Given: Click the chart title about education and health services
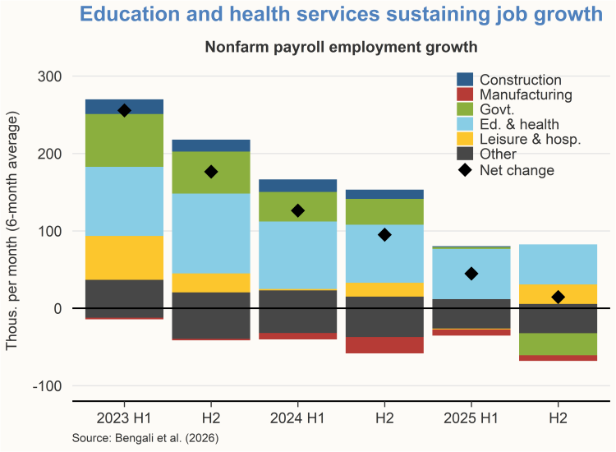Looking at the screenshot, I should pyautogui.click(x=341, y=15).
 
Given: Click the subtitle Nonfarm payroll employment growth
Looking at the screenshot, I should pyautogui.click(x=341, y=47).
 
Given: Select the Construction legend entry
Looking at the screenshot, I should pyautogui.click(x=520, y=80).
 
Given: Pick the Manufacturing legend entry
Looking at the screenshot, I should pyautogui.click(x=526, y=95).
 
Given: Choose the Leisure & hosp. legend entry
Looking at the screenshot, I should pyautogui.click(x=530, y=139).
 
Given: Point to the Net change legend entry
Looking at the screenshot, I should pyautogui.click(x=517, y=170).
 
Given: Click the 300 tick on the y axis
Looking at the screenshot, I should pyautogui.click(x=50, y=76).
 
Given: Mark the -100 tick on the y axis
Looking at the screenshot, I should pyautogui.click(x=47, y=385).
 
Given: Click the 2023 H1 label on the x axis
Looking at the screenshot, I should pyautogui.click(x=124, y=417).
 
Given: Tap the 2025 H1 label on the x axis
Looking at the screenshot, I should pyautogui.click(x=471, y=417).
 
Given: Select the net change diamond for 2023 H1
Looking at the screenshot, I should pyautogui.click(x=124, y=110).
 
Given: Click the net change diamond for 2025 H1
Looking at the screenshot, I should pyautogui.click(x=471, y=274).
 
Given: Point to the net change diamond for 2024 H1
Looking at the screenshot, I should pyautogui.click(x=297, y=210).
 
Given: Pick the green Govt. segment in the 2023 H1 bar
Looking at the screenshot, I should pyautogui.click(x=124, y=141).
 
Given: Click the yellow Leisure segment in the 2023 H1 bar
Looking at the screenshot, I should pyautogui.click(x=124, y=258).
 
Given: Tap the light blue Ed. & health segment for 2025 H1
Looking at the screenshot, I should pyautogui.click(x=471, y=274).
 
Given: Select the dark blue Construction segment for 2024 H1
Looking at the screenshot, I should pyautogui.click(x=297, y=186).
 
